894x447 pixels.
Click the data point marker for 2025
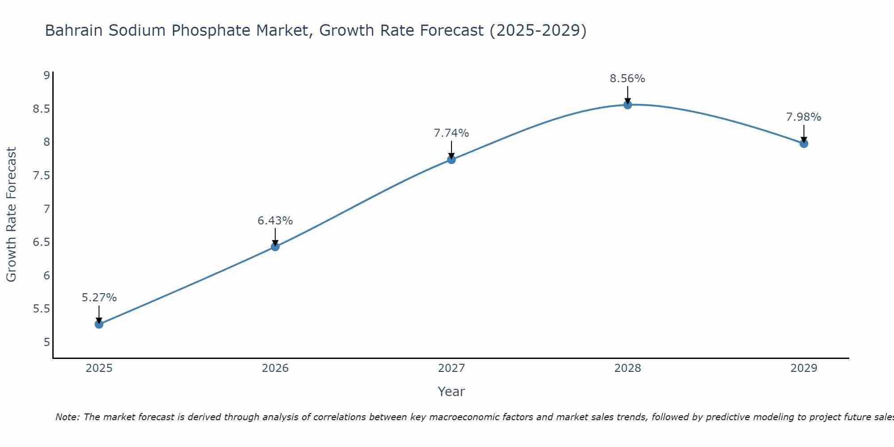point(99,324)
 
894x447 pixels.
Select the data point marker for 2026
point(275,246)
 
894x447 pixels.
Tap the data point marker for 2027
point(451,159)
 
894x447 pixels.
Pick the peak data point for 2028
point(627,105)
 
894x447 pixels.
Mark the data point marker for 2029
point(803,143)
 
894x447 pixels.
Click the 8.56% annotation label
point(627,79)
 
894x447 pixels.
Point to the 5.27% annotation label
point(99,298)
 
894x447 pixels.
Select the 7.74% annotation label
point(451,133)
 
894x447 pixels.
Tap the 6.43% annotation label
point(275,221)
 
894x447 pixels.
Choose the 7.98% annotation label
point(803,117)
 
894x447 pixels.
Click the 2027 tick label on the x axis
point(451,368)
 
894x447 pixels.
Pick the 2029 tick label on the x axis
point(803,368)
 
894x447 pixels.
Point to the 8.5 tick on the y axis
point(41,109)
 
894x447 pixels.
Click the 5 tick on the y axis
point(46,342)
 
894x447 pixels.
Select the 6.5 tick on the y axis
point(41,242)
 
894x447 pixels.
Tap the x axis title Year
point(451,392)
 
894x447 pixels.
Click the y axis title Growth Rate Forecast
point(11,215)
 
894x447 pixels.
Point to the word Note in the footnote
point(67,417)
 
